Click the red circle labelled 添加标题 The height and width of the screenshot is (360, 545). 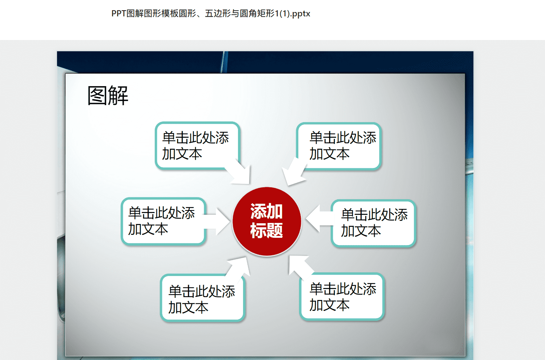coord(267,221)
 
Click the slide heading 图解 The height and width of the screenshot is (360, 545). coord(108,96)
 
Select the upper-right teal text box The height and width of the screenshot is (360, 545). coord(339,146)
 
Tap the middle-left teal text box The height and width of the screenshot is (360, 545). coord(163,221)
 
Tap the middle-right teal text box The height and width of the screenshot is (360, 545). coord(373,223)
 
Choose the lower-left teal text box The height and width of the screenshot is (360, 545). coord(202,298)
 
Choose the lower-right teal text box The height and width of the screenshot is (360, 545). coord(342,296)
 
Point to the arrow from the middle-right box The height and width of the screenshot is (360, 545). coord(319,219)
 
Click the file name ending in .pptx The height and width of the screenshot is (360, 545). coord(211,14)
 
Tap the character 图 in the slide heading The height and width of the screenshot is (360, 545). coord(97,96)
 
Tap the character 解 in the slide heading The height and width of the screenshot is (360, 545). coord(118,96)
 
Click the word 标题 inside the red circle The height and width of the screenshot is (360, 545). coord(266,230)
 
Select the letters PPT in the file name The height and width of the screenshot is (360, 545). coord(119,14)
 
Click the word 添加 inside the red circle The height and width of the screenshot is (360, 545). coord(266,211)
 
